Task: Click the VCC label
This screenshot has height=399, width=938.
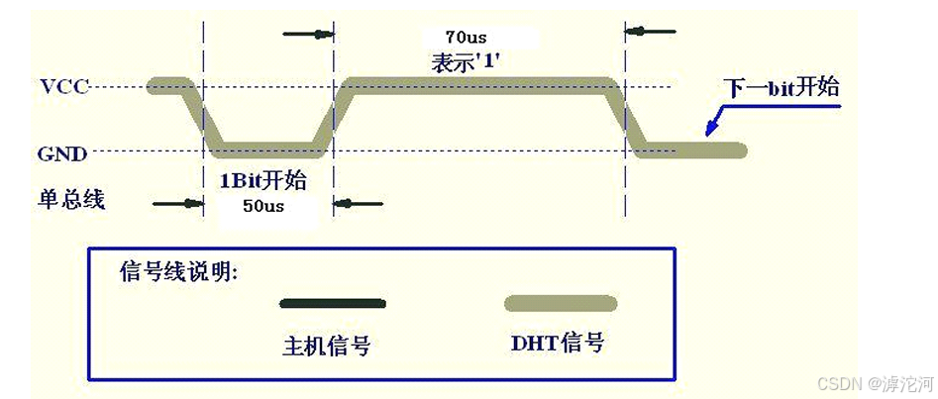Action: point(64,86)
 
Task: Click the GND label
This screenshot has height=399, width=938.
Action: point(62,153)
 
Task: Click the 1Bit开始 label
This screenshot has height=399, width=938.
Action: point(262,181)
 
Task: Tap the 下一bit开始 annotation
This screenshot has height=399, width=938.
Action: point(783,87)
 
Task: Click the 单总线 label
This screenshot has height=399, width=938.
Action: point(70,199)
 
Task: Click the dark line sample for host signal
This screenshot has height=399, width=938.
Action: point(332,303)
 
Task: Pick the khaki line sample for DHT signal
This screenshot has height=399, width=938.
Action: point(560,303)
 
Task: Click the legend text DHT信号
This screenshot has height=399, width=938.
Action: point(558,344)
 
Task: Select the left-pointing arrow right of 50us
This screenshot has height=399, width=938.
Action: point(357,205)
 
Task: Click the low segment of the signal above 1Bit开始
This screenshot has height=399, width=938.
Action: point(267,150)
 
